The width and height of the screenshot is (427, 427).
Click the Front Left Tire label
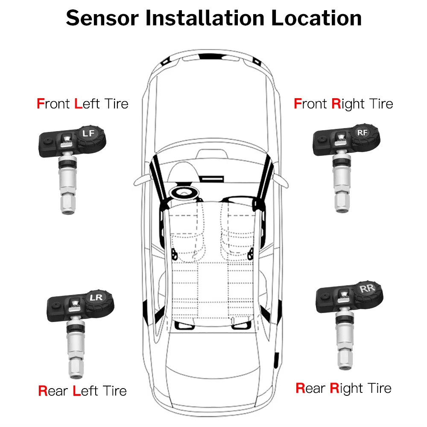pos(82,103)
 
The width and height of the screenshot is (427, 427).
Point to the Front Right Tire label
pos(343,104)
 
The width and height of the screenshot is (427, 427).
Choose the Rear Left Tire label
pos(82,390)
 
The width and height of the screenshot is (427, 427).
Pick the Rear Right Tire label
pos(343,388)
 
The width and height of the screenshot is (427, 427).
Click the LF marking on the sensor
pos(88,134)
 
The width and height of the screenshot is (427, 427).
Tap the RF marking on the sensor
pos(362,133)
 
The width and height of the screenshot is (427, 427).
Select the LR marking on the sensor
pos(97,297)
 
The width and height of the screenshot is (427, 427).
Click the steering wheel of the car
pos(185,193)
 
